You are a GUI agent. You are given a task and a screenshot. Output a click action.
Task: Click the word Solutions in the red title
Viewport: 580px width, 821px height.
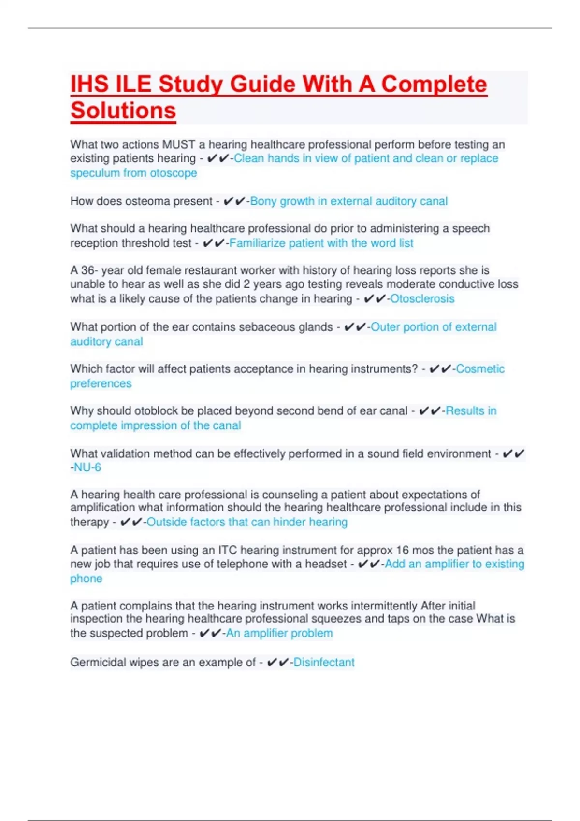pyautogui.click(x=123, y=111)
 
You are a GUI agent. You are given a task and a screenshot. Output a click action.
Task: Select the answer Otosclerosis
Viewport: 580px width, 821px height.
pyautogui.click(x=422, y=299)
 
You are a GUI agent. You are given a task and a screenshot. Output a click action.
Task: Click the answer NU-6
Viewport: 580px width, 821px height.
pyautogui.click(x=87, y=467)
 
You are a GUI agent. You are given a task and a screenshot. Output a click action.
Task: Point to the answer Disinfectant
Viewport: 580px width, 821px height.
pyautogui.click(x=324, y=662)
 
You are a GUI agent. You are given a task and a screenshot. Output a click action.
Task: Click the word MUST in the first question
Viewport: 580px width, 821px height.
pyautogui.click(x=178, y=144)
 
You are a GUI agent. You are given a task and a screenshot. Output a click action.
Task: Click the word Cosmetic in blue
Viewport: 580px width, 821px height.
pyautogui.click(x=480, y=369)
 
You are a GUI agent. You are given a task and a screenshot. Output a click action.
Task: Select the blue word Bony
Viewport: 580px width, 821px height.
pyautogui.click(x=263, y=201)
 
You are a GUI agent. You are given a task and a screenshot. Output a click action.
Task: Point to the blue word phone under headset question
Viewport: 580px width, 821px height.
pyautogui.click(x=86, y=579)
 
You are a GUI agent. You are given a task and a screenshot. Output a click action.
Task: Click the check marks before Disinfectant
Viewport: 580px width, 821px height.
pyautogui.click(x=277, y=662)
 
